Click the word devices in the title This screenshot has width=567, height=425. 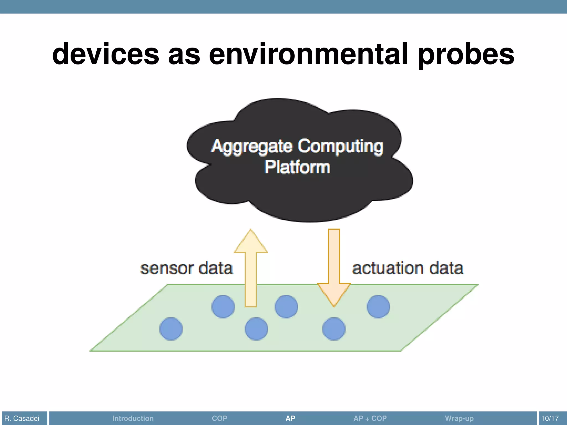point(105,54)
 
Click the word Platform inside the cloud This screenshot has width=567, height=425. point(297,167)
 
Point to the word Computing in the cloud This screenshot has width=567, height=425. point(341,146)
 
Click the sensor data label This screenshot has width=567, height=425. point(187,268)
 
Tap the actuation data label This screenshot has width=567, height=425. point(408,268)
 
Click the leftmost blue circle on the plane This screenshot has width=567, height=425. point(171,329)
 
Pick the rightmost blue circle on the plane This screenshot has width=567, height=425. point(378,307)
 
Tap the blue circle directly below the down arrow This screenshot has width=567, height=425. point(334,329)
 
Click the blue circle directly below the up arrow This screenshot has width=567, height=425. point(256,329)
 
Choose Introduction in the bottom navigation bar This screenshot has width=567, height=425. point(133,418)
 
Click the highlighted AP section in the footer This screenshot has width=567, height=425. point(290,418)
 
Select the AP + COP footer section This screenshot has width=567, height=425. point(370,418)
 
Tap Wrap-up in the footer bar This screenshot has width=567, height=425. point(459,418)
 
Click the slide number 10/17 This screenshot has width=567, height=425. point(550,418)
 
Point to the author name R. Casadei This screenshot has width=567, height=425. point(22,418)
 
